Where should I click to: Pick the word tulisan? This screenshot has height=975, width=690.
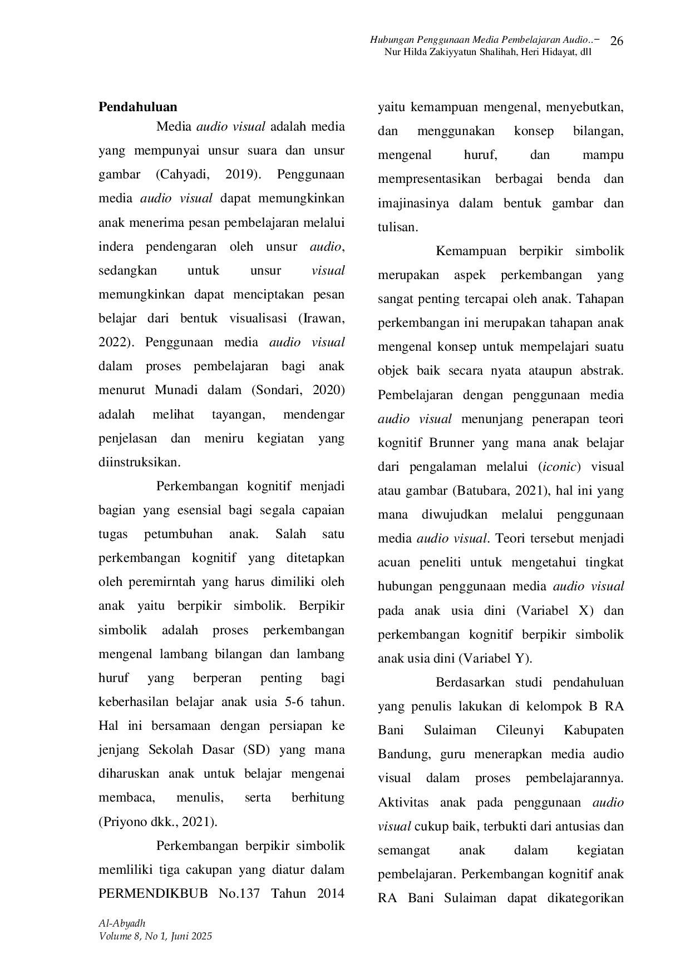pos(397,227)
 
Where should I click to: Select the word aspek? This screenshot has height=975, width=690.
pos(470,275)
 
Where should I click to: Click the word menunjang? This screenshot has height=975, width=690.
pos(492,419)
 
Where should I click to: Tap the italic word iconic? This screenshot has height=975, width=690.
pos(560,467)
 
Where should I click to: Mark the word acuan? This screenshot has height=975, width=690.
pos(393,563)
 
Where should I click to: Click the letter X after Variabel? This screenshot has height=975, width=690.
pos(582,610)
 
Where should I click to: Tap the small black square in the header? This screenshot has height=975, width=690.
pos(616,43)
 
